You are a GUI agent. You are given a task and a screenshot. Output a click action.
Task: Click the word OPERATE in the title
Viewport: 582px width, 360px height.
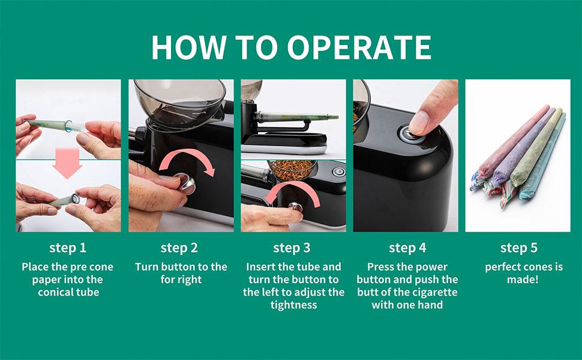tap(359, 47)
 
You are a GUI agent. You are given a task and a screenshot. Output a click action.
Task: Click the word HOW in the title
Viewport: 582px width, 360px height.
tap(188, 47)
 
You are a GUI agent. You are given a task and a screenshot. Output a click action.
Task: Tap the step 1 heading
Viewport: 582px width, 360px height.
tap(68, 248)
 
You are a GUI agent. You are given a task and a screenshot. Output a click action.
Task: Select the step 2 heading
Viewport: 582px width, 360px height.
tap(179, 248)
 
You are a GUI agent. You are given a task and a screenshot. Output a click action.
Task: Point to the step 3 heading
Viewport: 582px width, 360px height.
tap(292, 248)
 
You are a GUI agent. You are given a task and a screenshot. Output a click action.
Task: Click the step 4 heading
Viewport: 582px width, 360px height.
tap(407, 248)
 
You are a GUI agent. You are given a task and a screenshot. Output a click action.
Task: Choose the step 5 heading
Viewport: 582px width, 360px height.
tap(519, 248)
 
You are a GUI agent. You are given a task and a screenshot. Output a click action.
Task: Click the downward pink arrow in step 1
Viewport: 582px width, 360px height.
tap(67, 163)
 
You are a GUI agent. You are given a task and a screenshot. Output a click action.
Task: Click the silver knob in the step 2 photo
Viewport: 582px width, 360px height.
tap(185, 183)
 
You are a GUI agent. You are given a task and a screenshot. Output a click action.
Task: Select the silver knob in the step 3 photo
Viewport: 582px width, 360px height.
tap(295, 206)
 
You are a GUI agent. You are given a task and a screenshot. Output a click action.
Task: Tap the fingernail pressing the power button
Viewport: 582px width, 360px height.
tap(419, 122)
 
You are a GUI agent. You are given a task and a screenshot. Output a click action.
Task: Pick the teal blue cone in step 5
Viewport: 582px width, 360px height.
tap(544, 156)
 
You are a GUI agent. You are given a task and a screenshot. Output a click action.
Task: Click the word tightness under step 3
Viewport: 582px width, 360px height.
tap(293, 305)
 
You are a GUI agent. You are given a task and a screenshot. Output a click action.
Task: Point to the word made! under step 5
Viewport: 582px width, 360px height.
tap(523, 280)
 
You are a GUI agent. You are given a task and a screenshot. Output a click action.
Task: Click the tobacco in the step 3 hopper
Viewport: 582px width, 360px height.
tap(292, 170)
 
